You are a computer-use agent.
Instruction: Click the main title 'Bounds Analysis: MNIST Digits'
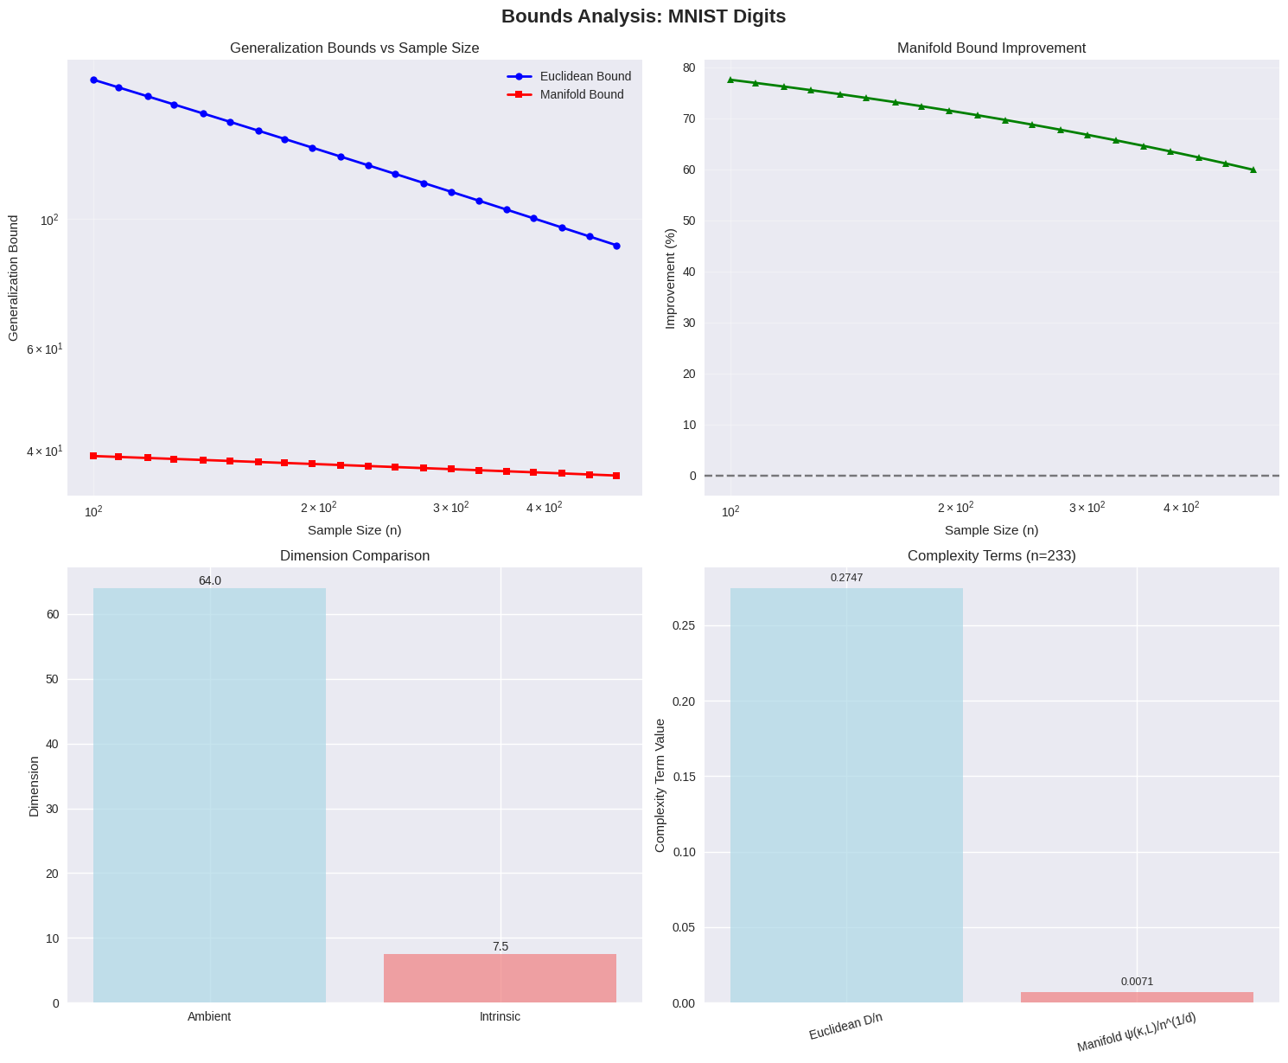click(643, 16)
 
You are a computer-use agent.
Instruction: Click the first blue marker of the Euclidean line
click(93, 80)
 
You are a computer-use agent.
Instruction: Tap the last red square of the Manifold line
click(616, 476)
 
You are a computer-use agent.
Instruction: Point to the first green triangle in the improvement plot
click(730, 80)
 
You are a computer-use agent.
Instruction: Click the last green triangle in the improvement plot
click(1253, 170)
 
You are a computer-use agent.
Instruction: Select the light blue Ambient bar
click(209, 795)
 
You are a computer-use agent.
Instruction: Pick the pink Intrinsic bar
click(500, 978)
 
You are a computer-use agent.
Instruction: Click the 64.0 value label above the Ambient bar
click(209, 580)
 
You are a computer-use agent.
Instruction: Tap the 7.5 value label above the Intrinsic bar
click(500, 946)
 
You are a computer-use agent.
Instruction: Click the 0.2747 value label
click(846, 578)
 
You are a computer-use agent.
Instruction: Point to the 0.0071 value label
click(1137, 982)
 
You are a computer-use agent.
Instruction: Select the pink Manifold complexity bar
click(1137, 997)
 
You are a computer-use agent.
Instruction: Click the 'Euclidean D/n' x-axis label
click(845, 1026)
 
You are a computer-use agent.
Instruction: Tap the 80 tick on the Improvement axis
click(689, 67)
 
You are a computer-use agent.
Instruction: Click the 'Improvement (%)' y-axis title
click(670, 279)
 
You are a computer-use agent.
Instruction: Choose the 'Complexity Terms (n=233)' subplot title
click(992, 556)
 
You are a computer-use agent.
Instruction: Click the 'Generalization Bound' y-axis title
click(13, 279)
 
